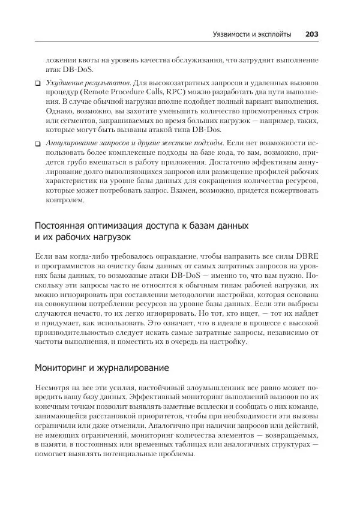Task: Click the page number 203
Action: (x=311, y=34)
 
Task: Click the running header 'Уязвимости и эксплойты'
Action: (x=252, y=34)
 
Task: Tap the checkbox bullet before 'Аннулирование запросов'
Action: (x=37, y=143)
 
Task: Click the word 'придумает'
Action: (x=59, y=322)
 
